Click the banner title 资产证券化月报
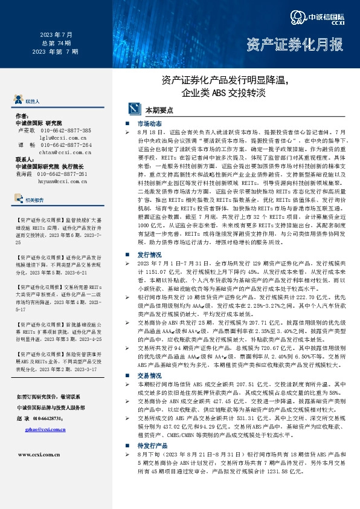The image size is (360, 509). [x=294, y=45]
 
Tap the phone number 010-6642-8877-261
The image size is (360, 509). [x=64, y=174]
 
